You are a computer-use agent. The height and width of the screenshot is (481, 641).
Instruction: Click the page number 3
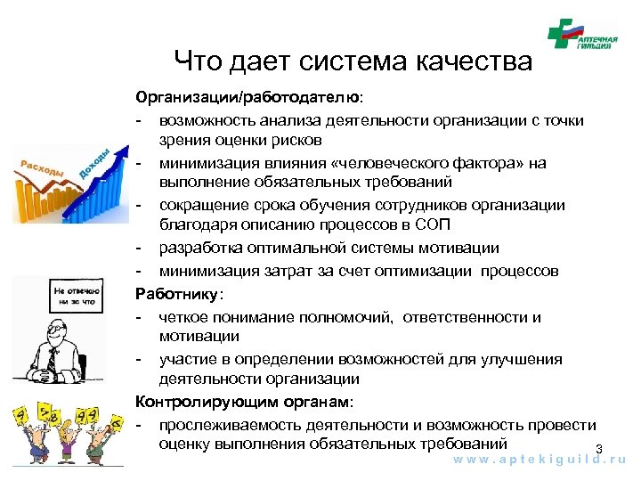pyautogui.click(x=599, y=448)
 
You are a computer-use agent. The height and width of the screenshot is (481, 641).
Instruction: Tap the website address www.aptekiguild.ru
pyautogui.click(x=540, y=461)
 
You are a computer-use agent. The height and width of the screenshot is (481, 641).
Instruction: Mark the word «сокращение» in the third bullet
pyautogui.click(x=202, y=205)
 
